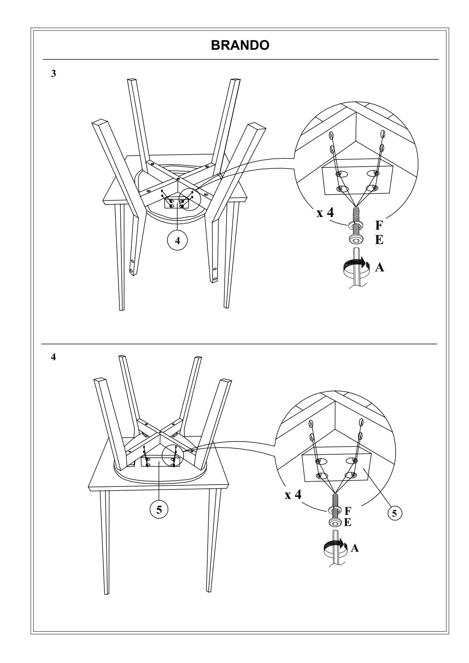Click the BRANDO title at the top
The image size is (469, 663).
pyautogui.click(x=240, y=45)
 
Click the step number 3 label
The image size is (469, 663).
pyautogui.click(x=54, y=74)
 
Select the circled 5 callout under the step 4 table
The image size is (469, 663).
pyautogui.click(x=159, y=510)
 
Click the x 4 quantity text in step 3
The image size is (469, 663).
pyautogui.click(x=325, y=212)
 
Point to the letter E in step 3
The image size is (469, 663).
pyautogui.click(x=379, y=240)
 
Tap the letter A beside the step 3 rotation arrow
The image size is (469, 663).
pyautogui.click(x=379, y=268)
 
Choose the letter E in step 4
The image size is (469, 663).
pyautogui.click(x=348, y=523)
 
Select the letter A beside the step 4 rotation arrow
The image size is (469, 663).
pyautogui.click(x=354, y=548)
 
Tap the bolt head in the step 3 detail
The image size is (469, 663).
pyautogui.click(x=356, y=240)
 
